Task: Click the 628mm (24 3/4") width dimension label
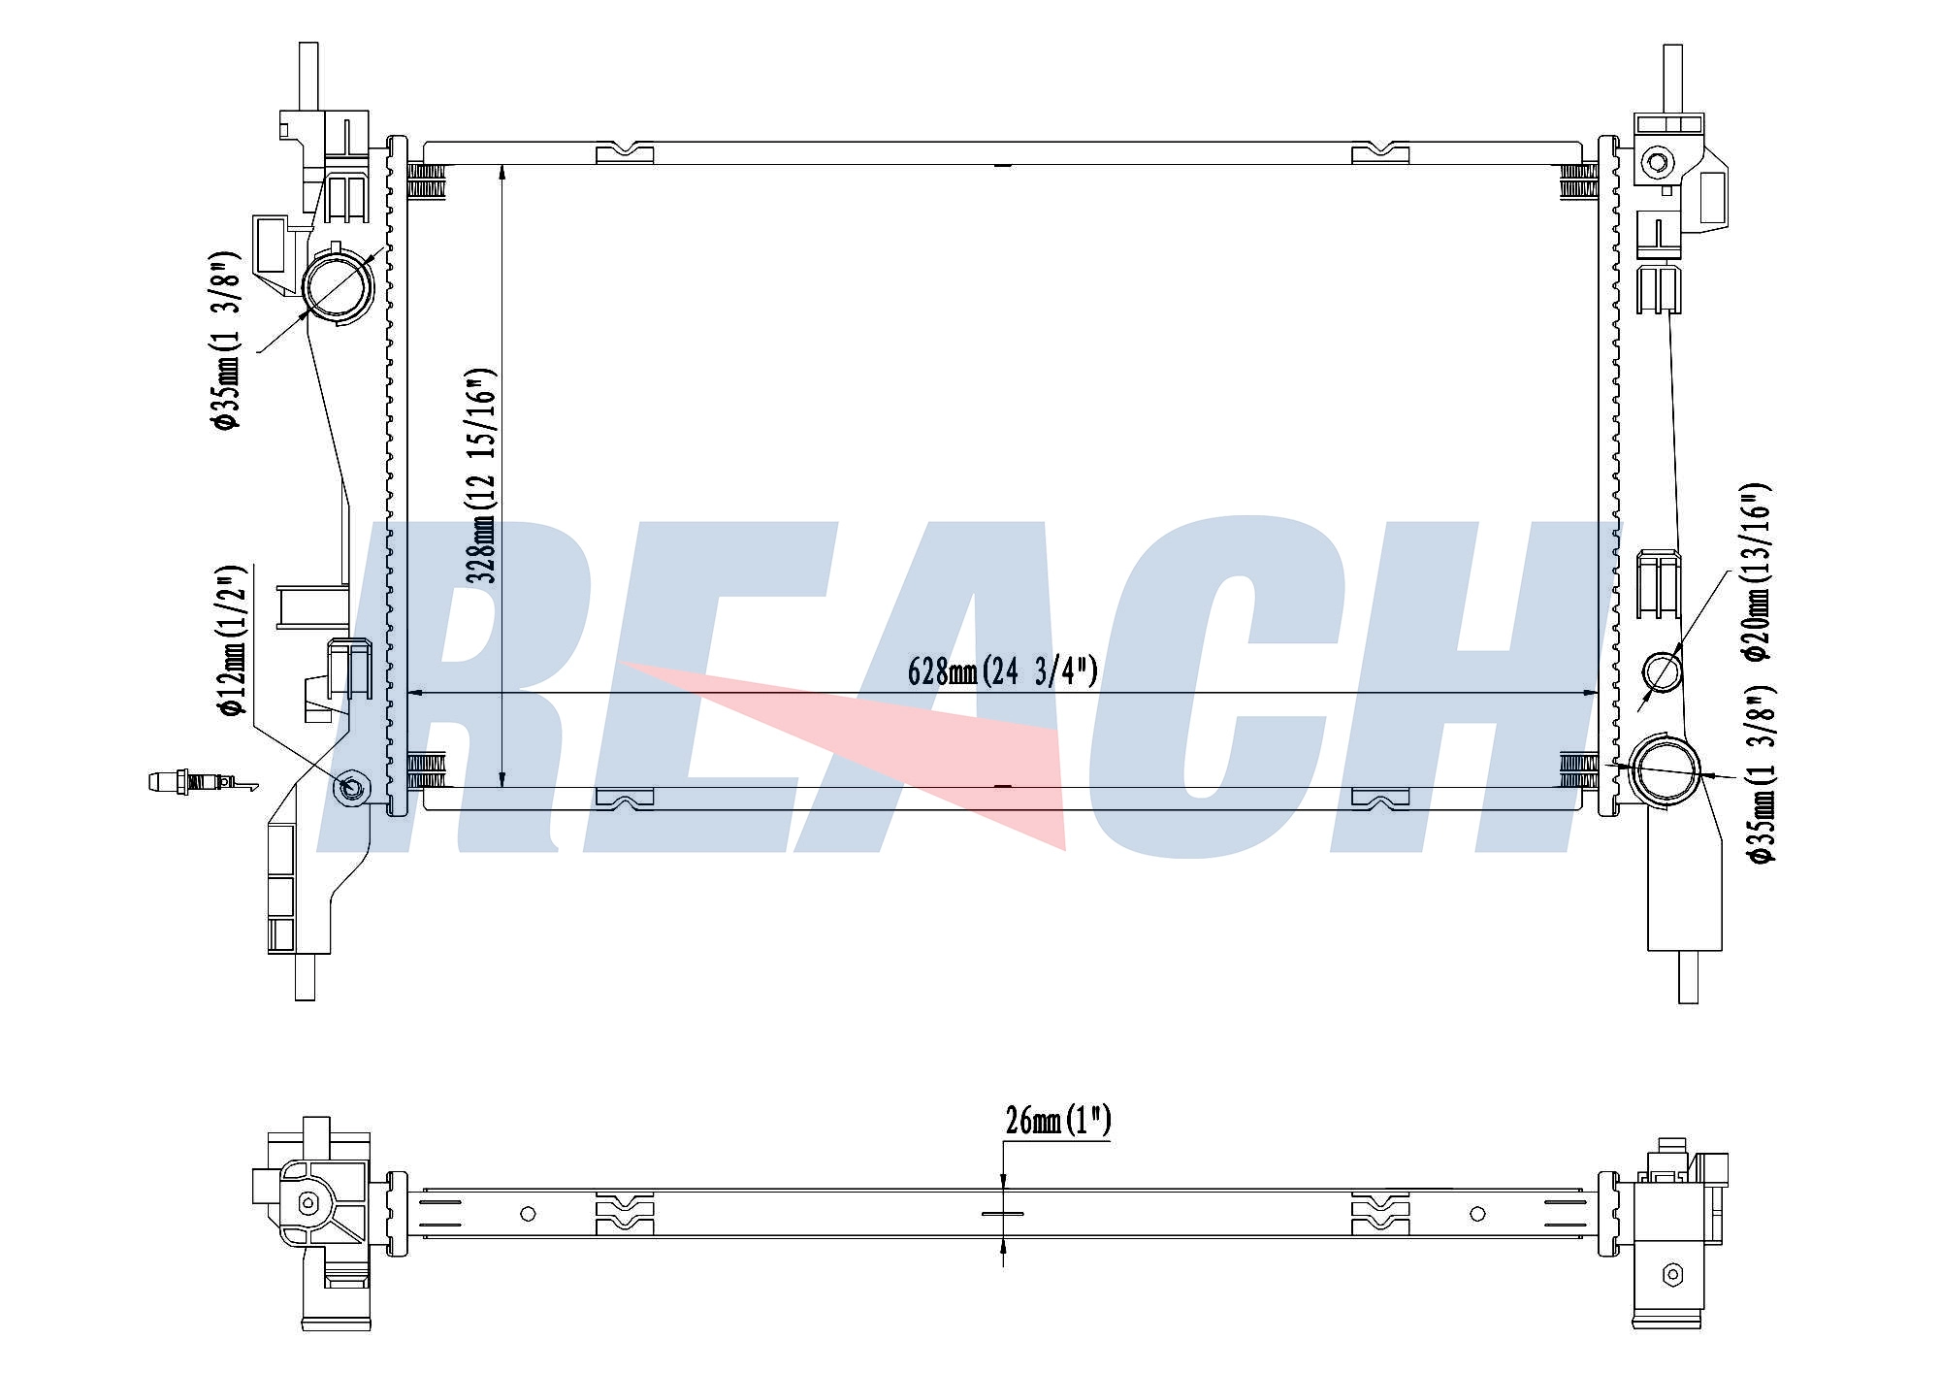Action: (1002, 670)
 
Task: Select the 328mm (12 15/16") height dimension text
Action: (482, 474)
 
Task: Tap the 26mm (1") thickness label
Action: (1057, 1121)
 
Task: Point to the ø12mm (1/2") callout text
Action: (234, 640)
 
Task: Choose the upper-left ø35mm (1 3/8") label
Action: (224, 340)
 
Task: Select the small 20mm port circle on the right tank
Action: (1662, 671)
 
